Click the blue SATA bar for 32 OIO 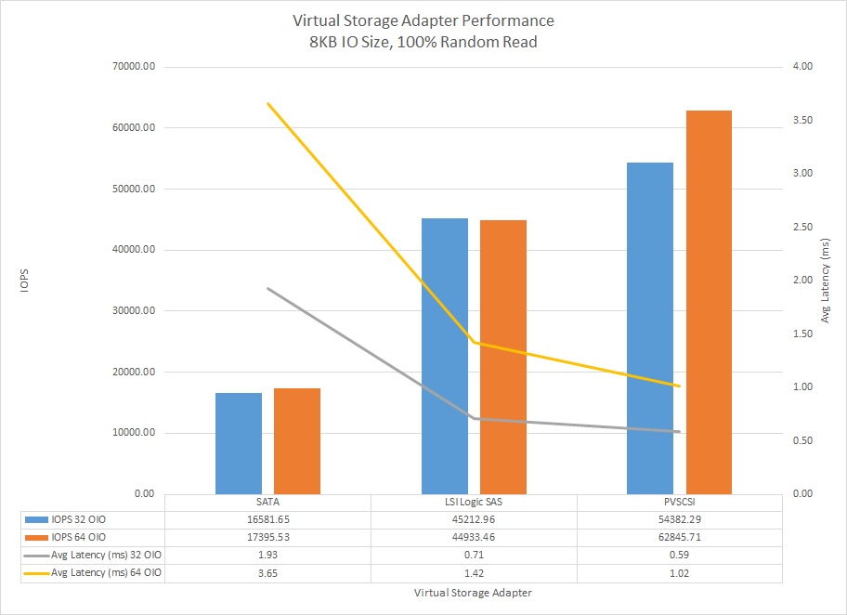coord(239,443)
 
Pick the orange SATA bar coord(297,440)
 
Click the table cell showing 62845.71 coord(681,537)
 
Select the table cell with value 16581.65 coord(267,519)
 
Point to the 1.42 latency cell coord(474,572)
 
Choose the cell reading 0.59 coord(681,555)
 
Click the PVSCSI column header coord(681,502)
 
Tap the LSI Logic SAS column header coord(474,502)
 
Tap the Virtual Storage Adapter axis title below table coord(474,592)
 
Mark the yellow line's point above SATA coord(267,103)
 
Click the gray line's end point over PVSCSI coord(681,432)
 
